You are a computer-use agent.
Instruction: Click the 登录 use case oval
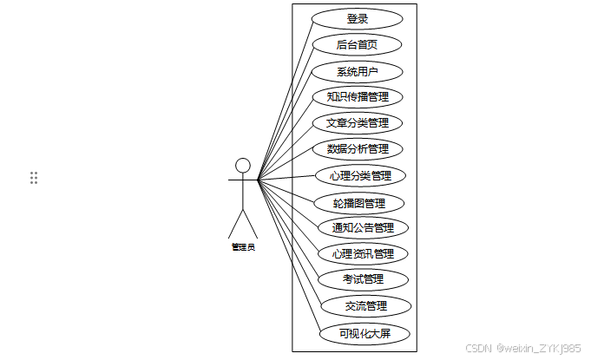(358, 18)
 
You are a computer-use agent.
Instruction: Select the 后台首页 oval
(358, 44)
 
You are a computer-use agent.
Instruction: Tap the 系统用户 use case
(358, 71)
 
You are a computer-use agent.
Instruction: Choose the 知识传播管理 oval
(358, 96)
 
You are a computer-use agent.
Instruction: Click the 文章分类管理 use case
(358, 123)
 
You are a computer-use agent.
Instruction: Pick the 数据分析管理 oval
(358, 149)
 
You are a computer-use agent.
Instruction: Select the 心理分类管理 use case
(360, 176)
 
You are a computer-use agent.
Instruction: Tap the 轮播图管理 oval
(359, 204)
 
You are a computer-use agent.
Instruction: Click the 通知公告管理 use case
(363, 228)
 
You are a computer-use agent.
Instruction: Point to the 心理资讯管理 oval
(363, 254)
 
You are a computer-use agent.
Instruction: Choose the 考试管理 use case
(363, 279)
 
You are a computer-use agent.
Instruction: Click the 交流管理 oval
(365, 305)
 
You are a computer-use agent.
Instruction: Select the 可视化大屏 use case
(364, 332)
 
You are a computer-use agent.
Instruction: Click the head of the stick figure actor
(243, 166)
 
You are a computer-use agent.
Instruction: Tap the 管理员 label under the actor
(243, 247)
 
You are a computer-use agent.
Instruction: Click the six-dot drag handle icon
(34, 178)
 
